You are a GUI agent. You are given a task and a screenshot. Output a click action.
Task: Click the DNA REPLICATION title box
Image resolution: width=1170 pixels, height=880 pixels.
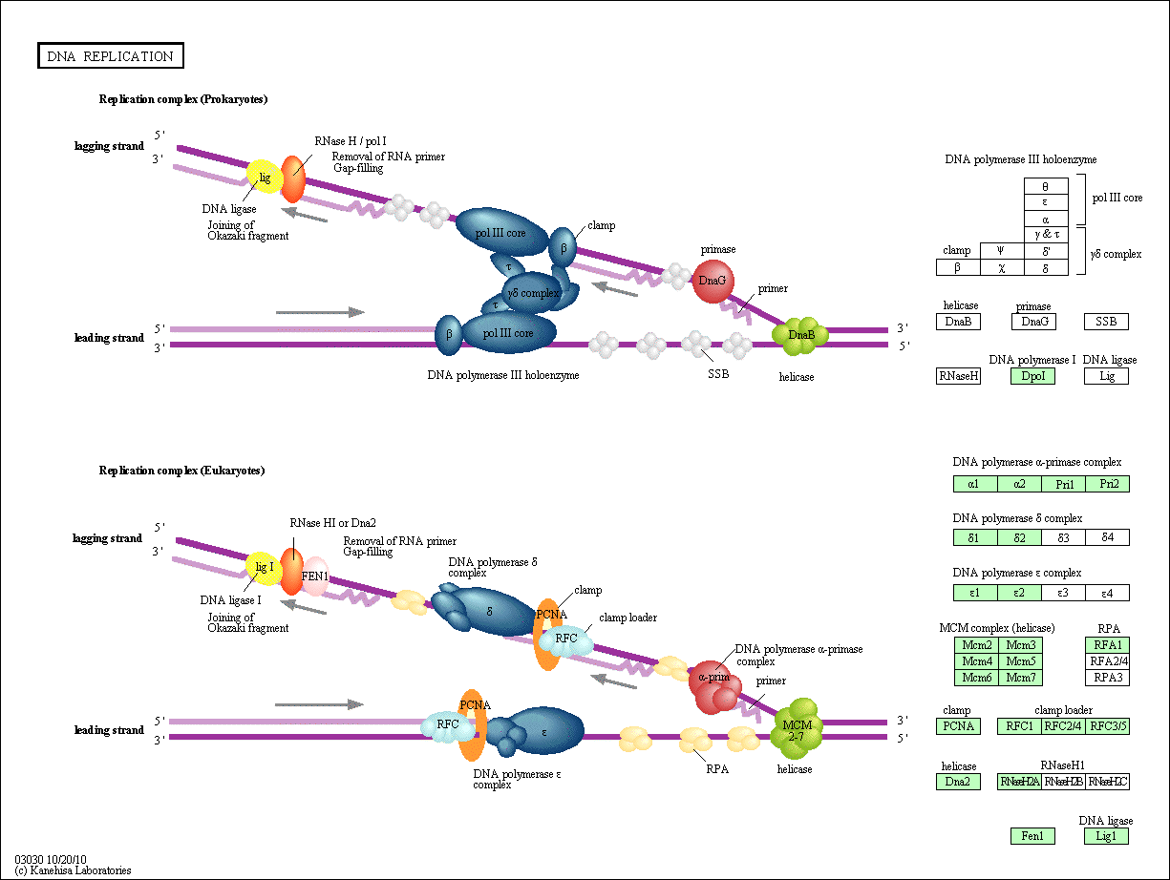(x=111, y=56)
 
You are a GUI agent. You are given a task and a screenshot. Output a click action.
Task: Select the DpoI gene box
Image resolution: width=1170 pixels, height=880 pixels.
(x=1032, y=376)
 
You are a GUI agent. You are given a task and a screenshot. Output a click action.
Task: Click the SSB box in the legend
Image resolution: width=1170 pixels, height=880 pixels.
(x=1106, y=322)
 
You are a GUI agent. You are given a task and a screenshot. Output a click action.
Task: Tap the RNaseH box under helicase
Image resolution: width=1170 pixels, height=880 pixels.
(x=958, y=376)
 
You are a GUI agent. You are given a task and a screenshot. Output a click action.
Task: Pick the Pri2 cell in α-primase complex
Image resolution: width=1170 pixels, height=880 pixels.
(x=1107, y=484)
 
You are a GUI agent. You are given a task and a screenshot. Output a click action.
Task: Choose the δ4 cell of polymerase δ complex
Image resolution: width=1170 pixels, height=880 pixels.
(x=1107, y=537)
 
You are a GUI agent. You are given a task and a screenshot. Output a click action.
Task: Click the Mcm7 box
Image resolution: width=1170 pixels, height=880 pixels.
(x=1020, y=678)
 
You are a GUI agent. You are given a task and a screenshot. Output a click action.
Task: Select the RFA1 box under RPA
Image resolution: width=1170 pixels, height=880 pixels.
(x=1107, y=644)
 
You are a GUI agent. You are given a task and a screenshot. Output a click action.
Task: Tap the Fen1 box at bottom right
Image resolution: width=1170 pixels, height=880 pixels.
(x=1032, y=836)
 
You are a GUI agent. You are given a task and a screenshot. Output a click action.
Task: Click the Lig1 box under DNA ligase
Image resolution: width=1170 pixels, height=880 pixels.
(x=1106, y=836)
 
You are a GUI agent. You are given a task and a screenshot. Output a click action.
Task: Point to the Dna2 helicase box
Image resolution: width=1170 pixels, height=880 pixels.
(x=958, y=782)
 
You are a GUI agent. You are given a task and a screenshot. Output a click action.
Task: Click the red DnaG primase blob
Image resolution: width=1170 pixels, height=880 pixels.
(x=713, y=282)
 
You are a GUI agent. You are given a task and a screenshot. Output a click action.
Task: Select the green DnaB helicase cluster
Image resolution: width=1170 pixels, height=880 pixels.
(x=800, y=334)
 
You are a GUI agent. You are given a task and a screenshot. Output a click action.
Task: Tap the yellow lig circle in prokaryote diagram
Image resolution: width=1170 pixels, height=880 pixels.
(x=265, y=178)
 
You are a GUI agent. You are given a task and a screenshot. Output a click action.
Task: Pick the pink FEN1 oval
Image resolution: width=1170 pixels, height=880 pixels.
(x=315, y=576)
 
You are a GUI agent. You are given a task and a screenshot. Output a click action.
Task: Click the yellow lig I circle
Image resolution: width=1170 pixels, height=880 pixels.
(x=264, y=568)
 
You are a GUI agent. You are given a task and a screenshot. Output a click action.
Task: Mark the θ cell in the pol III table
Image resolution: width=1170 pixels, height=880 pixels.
(x=1046, y=187)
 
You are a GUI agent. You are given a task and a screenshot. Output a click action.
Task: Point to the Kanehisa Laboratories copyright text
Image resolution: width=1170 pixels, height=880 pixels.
(x=73, y=870)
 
